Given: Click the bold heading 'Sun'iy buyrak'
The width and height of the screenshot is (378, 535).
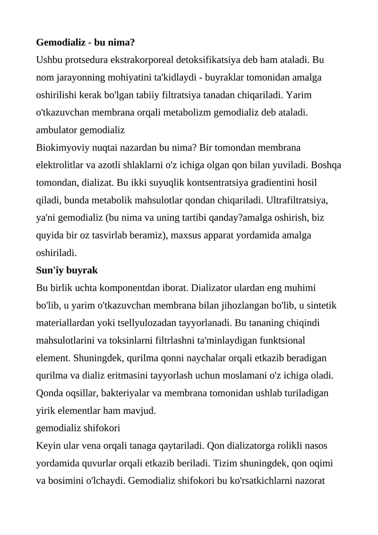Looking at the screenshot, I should (x=67, y=270).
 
